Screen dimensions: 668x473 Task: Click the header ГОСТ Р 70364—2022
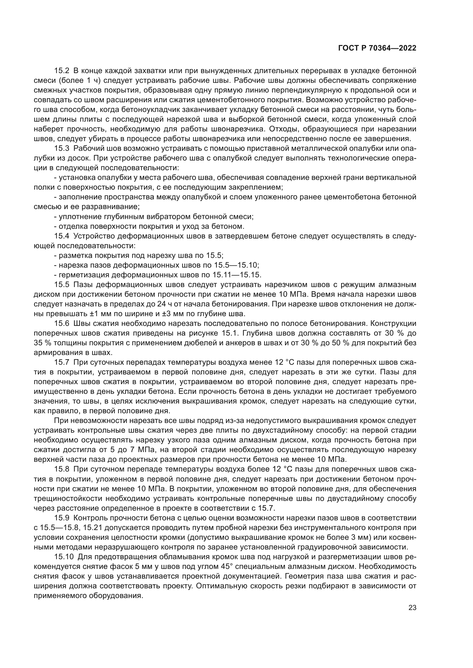[x=377, y=48]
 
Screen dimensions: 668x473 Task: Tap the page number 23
[x=412, y=608]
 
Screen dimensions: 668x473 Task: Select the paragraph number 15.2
[x=62, y=71]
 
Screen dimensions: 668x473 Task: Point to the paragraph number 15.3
[x=62, y=149]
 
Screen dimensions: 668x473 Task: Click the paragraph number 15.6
[x=62, y=324]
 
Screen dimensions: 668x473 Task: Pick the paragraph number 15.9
[x=62, y=518]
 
